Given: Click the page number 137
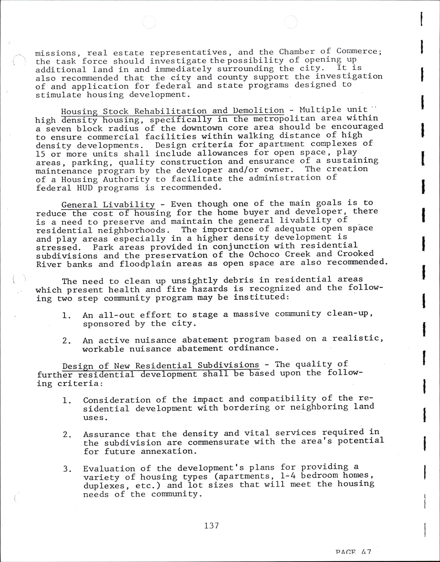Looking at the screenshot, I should (x=212, y=525).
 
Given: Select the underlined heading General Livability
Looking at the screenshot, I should (x=108, y=205).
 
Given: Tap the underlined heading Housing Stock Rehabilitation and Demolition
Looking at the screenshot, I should (x=172, y=111).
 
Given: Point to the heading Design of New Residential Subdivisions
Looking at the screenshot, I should (x=160, y=365).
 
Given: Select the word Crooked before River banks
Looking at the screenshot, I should (x=356, y=253).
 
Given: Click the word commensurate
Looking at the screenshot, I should (x=218, y=442).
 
